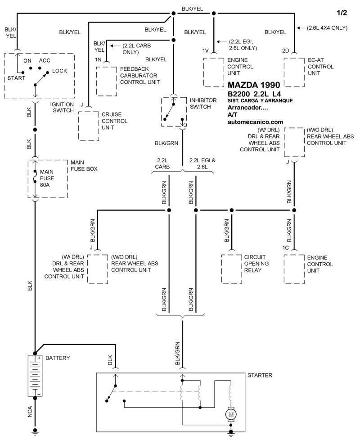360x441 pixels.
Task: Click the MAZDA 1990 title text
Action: [x=254, y=85]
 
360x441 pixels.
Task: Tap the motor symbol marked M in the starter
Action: [x=230, y=414]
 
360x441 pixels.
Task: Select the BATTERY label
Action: [x=57, y=358]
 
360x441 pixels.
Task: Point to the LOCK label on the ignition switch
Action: [x=59, y=71]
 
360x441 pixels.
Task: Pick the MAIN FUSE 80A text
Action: [x=48, y=179]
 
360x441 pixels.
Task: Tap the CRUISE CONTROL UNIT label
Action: [x=115, y=121]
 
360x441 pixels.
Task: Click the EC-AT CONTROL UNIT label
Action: [x=321, y=67]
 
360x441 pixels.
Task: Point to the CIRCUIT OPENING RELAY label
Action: [x=256, y=264]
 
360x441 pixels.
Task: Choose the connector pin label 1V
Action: [x=206, y=50]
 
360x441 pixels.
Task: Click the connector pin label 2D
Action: [x=285, y=50]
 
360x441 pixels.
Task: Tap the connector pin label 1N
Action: [x=98, y=59]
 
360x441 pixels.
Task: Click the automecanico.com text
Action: [x=256, y=122]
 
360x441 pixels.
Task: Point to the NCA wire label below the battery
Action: [x=30, y=412]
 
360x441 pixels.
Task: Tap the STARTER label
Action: [x=260, y=375]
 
